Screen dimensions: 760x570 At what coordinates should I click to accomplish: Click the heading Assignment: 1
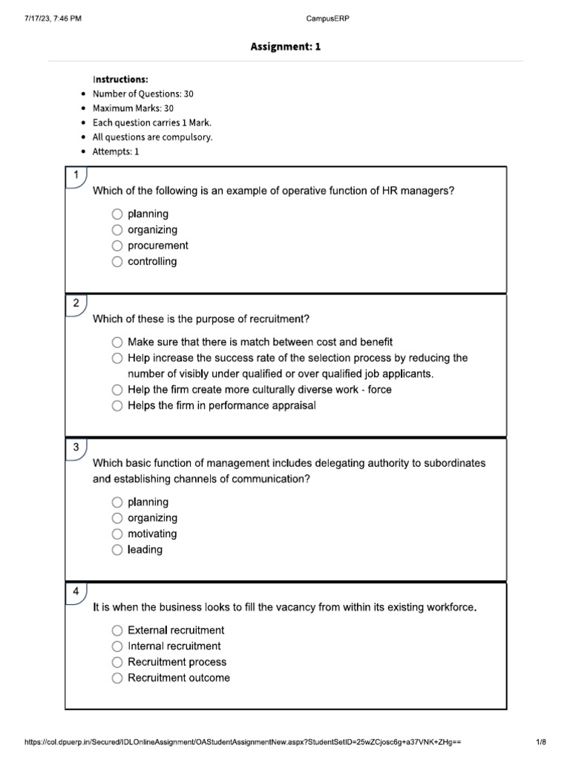point(285,47)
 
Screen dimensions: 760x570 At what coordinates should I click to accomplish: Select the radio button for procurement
point(117,246)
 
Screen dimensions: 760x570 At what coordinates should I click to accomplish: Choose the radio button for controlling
point(117,261)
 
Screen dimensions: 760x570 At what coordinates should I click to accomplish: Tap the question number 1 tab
point(76,175)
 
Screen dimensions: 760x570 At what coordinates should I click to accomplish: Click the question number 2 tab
point(76,303)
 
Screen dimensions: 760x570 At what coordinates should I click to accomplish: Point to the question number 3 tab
point(76,447)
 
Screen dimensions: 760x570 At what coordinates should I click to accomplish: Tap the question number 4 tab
point(76,591)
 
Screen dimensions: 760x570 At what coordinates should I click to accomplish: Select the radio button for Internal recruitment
point(117,646)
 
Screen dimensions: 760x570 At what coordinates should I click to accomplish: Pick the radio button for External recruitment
point(117,630)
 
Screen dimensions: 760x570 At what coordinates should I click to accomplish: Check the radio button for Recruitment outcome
point(117,678)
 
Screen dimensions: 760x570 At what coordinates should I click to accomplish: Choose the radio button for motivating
point(117,534)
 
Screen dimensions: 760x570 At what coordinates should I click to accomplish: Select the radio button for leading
point(117,550)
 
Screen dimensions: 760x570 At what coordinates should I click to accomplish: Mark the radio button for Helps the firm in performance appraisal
point(117,406)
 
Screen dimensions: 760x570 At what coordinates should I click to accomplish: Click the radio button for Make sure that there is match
point(117,342)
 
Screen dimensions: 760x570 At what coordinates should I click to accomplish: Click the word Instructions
point(120,79)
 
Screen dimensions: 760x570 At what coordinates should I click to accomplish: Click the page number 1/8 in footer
point(540,741)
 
